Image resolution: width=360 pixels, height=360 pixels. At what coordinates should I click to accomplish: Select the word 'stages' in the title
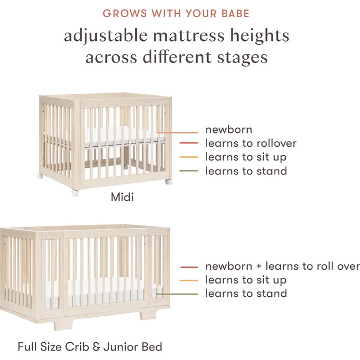tap(241, 57)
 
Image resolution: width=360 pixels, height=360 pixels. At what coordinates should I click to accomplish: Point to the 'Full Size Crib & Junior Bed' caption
tap(90, 347)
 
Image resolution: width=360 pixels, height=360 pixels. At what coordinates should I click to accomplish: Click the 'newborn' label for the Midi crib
tap(229, 130)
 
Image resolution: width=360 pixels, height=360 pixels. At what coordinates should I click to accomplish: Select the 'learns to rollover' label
tap(251, 143)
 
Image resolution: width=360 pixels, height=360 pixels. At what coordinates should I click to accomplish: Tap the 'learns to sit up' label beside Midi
tap(246, 157)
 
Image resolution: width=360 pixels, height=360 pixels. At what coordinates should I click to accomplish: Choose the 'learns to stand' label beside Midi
tap(246, 171)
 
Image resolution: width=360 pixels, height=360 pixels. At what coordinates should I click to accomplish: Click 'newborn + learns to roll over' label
tap(282, 266)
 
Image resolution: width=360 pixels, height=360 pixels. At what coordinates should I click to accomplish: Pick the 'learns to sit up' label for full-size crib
tap(246, 280)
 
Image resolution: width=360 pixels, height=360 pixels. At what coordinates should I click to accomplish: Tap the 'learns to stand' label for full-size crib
tap(246, 294)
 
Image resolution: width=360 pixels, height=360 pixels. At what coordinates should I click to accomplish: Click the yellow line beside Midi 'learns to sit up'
tap(189, 158)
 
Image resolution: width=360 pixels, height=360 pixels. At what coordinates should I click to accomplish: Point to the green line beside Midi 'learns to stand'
tap(189, 172)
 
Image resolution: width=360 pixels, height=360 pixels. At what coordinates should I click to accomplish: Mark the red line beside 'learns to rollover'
tap(189, 144)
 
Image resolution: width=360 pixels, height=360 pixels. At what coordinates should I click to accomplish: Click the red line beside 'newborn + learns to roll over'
tap(189, 267)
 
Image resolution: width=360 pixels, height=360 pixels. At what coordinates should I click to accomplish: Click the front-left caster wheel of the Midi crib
tap(75, 193)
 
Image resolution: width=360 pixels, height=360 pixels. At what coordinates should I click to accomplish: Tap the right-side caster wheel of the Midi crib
tap(168, 181)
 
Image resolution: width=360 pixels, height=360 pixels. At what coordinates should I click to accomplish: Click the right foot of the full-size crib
tap(147, 314)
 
